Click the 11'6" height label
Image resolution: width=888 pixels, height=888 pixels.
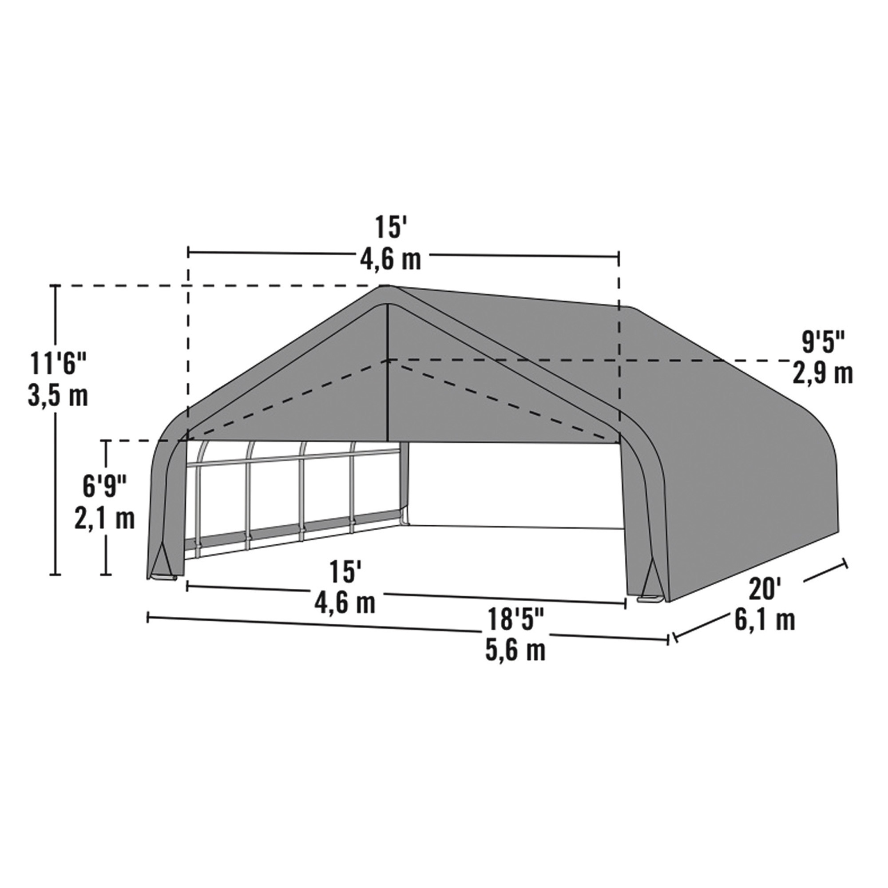[58, 365]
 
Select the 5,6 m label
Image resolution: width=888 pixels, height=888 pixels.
[515, 651]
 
